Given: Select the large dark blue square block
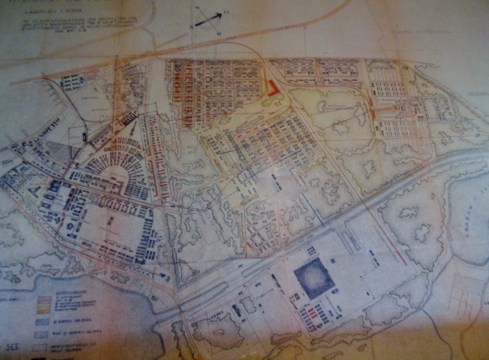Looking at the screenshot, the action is pos(314,278).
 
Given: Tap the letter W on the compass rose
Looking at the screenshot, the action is pos(200,8).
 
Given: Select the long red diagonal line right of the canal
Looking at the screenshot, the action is pos(389,234).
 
